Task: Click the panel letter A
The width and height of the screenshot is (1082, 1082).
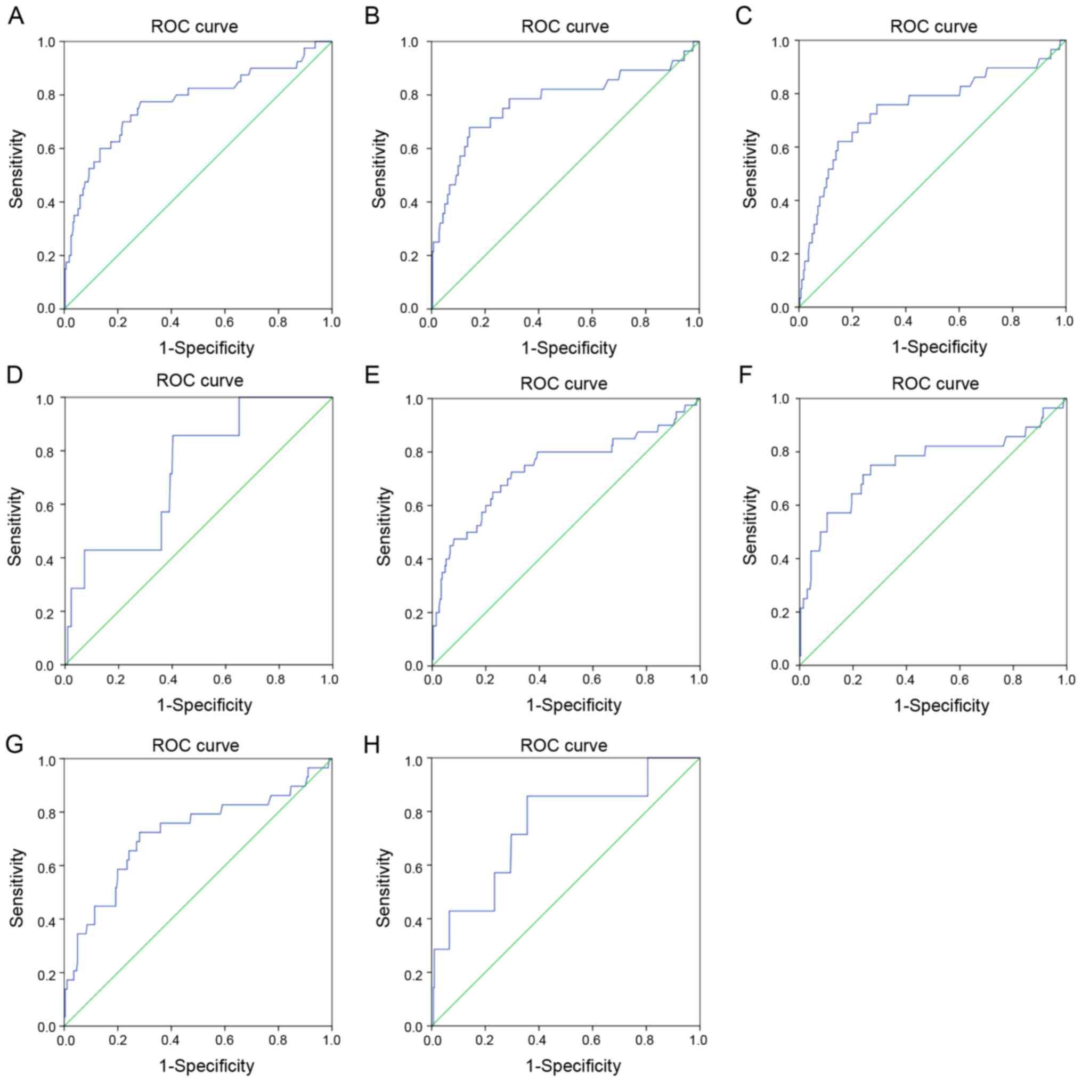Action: click(15, 17)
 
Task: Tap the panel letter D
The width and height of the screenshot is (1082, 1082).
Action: click(14, 374)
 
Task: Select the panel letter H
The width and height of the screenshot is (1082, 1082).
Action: click(372, 745)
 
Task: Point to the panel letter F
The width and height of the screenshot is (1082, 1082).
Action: click(744, 374)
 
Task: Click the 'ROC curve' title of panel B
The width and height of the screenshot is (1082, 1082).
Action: click(565, 27)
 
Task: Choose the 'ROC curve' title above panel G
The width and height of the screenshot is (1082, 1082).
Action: click(196, 745)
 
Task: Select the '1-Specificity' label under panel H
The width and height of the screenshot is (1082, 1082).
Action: click(573, 1065)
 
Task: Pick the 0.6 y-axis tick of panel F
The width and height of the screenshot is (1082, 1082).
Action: click(780, 506)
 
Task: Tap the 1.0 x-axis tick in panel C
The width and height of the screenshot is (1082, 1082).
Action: click(1064, 321)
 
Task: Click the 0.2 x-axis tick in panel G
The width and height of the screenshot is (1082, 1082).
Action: click(117, 1040)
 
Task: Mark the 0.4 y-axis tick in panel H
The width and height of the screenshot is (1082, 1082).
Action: click(413, 919)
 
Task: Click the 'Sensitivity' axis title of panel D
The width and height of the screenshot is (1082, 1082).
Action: click(15, 526)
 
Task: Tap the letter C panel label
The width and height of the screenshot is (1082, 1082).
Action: click(743, 17)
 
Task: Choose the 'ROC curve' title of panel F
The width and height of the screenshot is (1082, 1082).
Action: click(935, 384)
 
